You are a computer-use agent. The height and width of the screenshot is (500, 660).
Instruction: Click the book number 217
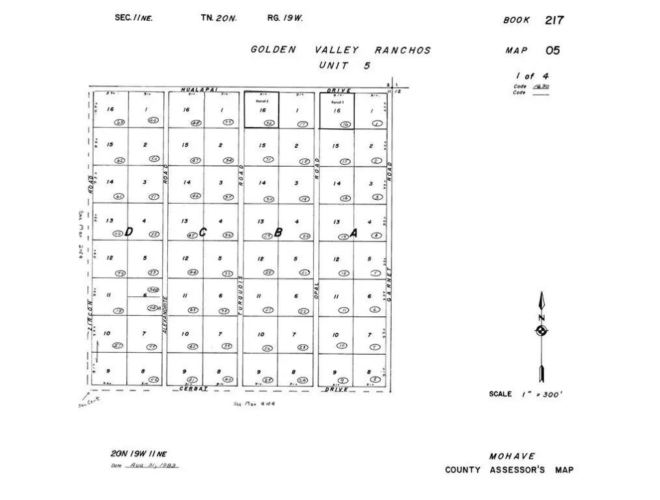coord(555,20)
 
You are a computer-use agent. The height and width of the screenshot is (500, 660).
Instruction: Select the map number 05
coord(553,51)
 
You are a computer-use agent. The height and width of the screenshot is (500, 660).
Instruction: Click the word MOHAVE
coord(513,456)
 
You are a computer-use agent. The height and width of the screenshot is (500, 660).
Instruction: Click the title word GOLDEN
coord(273,50)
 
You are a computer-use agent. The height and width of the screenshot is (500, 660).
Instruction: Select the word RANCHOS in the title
coord(402,50)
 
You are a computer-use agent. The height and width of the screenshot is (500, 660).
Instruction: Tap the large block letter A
coord(353,232)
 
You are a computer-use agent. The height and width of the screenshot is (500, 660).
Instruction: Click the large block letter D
coord(129,232)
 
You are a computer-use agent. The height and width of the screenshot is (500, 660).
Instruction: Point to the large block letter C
coord(202,232)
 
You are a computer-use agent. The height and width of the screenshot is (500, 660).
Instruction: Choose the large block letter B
coord(278,232)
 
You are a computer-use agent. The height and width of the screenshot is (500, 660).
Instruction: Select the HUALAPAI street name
coord(199,90)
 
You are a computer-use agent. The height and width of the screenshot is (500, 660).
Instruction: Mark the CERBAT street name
coord(193,389)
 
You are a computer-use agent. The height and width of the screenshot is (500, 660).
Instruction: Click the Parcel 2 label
coord(262,102)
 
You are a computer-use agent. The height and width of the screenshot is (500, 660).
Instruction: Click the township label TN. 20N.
coord(219,18)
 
